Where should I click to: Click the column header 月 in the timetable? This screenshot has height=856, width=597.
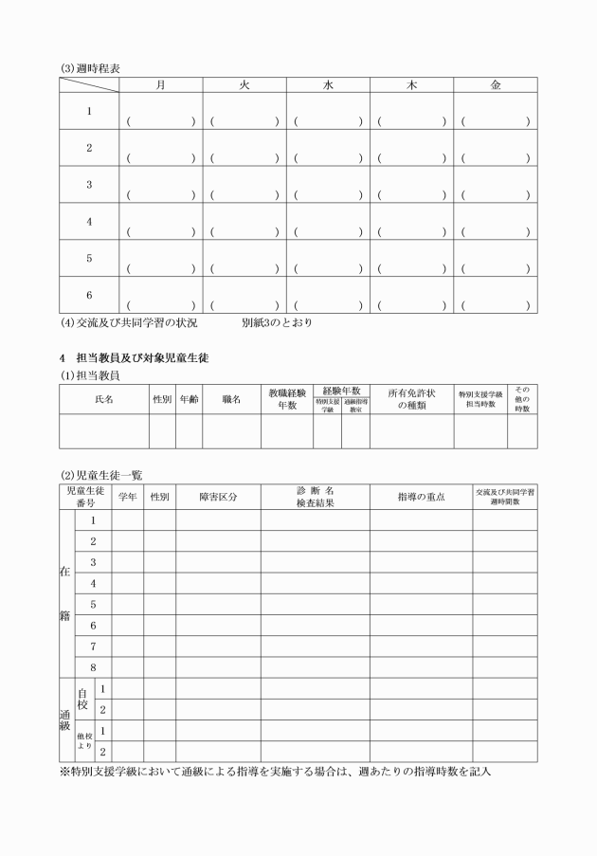point(160,84)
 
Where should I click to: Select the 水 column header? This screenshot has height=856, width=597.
point(328,84)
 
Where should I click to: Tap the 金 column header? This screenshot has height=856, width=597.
point(495,84)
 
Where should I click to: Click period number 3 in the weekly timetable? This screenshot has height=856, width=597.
point(89,185)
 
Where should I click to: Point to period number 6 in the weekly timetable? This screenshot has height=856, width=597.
point(89,295)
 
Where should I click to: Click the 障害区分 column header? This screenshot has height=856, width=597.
point(218,497)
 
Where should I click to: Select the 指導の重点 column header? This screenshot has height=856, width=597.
point(421,497)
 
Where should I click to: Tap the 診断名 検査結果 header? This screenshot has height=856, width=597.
point(315,497)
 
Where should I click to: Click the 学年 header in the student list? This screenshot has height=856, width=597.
point(128,497)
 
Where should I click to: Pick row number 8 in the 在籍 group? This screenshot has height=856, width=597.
point(93,667)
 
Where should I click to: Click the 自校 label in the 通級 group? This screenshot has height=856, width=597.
point(82,699)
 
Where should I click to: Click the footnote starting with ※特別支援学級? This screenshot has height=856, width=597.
point(275,773)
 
